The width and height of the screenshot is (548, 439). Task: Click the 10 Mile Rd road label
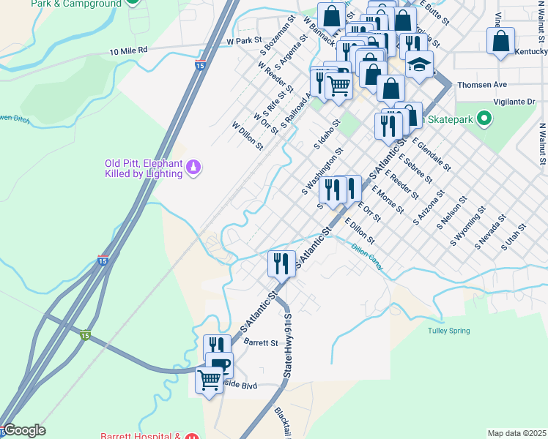click(128, 50)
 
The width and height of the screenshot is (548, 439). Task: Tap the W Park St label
click(244, 41)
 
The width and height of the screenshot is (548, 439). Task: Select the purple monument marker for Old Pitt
click(193, 168)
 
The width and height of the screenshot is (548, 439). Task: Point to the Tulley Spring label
click(448, 331)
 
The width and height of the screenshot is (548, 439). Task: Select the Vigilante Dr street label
click(507, 102)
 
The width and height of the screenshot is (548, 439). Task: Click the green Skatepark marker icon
click(484, 118)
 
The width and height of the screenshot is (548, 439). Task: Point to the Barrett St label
click(261, 342)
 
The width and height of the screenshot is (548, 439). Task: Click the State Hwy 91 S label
click(288, 346)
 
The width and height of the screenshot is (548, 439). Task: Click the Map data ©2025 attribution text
click(516, 433)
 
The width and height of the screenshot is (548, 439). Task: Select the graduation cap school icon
click(419, 65)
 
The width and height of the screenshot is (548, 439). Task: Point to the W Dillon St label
click(247, 136)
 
